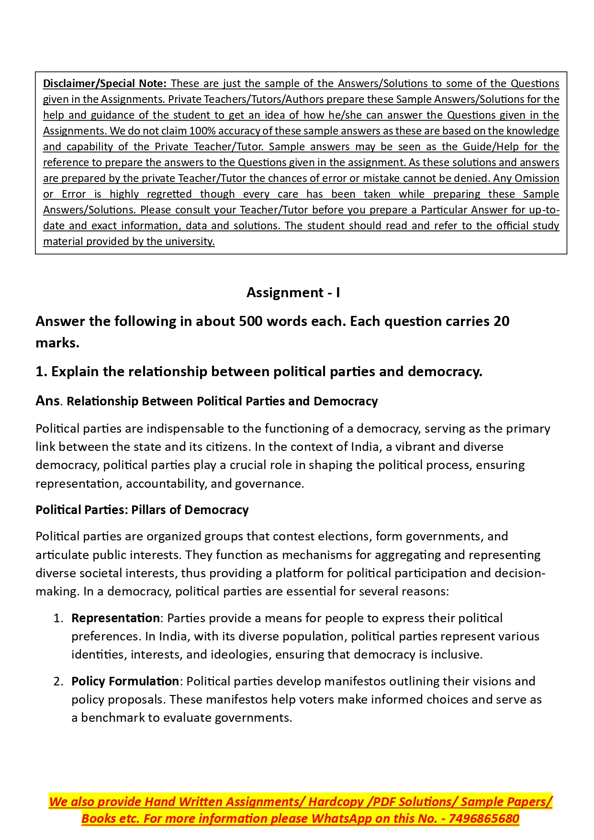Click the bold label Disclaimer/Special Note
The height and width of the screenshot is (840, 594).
coord(104,83)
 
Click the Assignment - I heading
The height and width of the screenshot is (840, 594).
coord(293,292)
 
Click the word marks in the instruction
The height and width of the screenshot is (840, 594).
coord(57,343)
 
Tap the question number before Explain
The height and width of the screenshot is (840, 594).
coord(41,371)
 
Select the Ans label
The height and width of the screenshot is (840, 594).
coord(47,401)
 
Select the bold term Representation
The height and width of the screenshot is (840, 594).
coord(115,618)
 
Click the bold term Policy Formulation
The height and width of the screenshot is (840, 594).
coord(125,681)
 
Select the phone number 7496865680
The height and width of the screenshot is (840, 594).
coord(484,818)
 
